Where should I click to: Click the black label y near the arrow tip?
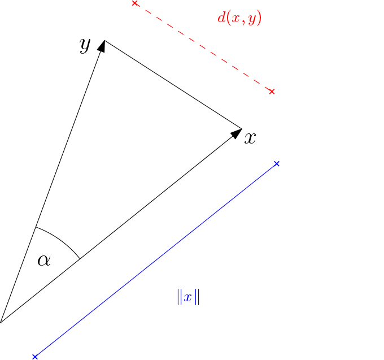pos(85,46)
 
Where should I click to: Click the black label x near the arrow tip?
pos(250,138)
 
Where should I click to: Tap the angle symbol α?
pos(44,260)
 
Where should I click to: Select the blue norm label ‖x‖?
pos(188,297)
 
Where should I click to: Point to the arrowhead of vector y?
pos(102,46)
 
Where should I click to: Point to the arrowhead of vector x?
pos(237,133)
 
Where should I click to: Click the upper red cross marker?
pos(135,3)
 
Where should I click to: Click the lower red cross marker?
pos(272,92)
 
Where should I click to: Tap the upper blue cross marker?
pos(277,164)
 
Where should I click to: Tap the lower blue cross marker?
pos(35,357)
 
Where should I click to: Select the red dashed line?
pos(203,47)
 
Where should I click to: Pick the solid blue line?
pos(156,261)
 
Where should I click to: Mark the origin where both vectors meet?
pos(1,322)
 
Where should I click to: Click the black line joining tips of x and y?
pos(173,85)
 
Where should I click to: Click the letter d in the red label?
pos(221,18)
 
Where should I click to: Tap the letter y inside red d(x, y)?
pos(252,20)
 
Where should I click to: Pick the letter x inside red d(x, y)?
pos(235,19)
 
